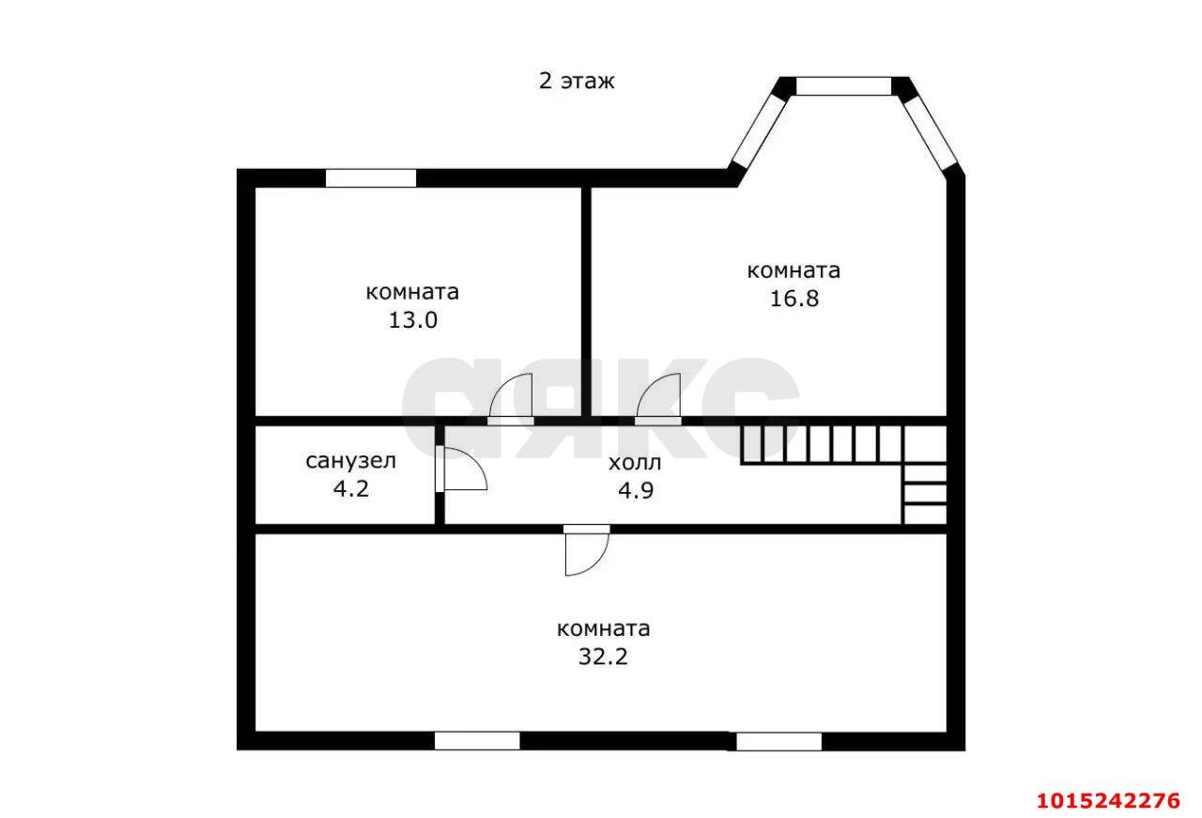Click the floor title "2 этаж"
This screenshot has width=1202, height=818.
(577, 81)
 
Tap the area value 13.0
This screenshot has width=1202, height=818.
(412, 320)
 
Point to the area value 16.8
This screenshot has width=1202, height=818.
(794, 299)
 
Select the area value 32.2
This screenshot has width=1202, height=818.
(603, 656)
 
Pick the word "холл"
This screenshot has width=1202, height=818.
(635, 463)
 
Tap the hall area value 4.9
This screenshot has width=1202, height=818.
(636, 490)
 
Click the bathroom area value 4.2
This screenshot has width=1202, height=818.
(351, 489)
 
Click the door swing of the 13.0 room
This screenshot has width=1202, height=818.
(510, 395)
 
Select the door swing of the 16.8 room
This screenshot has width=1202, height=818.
(658, 395)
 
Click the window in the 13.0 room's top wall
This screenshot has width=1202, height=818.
(371, 178)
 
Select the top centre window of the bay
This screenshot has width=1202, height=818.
(843, 86)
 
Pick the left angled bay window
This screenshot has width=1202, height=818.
(760, 131)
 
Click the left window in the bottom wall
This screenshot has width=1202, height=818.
(477, 741)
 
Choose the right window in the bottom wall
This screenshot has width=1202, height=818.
(778, 742)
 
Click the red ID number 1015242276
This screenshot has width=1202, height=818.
(1109, 801)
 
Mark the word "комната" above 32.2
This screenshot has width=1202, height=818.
(603, 628)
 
